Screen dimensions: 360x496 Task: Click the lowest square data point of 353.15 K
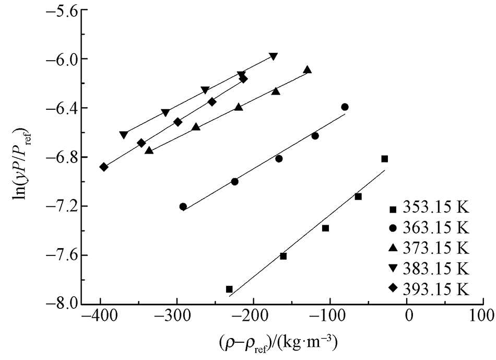(229, 289)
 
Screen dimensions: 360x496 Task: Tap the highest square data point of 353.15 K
(385, 159)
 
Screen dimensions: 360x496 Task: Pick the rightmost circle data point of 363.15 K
(345, 107)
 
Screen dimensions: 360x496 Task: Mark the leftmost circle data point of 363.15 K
(183, 206)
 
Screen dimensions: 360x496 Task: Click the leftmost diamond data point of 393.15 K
(103, 167)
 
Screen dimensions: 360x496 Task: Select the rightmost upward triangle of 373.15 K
(308, 70)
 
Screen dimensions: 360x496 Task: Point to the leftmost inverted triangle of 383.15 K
(124, 135)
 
